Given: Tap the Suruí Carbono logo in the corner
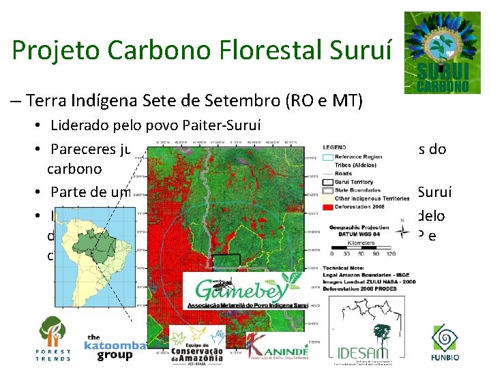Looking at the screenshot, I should click(x=441, y=52).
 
